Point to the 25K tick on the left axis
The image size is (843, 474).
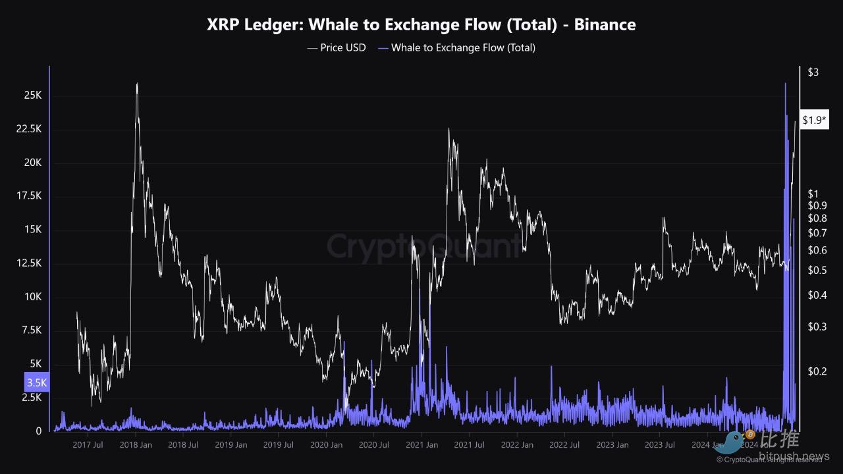(x=33, y=96)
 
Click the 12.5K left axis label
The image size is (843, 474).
(x=29, y=263)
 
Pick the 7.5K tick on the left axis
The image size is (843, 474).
(x=32, y=330)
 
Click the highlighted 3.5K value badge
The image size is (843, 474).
(x=38, y=382)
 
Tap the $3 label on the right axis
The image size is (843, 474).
(x=813, y=72)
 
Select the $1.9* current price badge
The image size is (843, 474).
(x=815, y=120)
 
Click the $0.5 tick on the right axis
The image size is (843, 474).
(x=817, y=270)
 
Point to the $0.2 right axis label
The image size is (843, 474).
(x=817, y=371)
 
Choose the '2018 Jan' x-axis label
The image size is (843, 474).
(x=136, y=445)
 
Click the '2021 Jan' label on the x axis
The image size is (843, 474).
(x=422, y=445)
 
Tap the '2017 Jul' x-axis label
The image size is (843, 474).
(x=88, y=445)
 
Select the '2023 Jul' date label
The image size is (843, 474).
(x=660, y=445)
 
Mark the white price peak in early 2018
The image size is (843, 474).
(x=137, y=84)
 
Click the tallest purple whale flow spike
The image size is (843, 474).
(x=785, y=83)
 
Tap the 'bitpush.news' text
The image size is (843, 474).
(x=794, y=456)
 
